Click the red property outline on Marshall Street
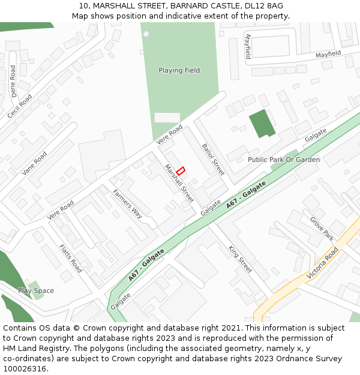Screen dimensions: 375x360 [x=181, y=170]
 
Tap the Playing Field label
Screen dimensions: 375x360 [x=179, y=70]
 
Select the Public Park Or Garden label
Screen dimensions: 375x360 [x=284, y=160]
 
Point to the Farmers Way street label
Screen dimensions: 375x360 [x=127, y=203]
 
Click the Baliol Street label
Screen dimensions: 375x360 [x=213, y=159]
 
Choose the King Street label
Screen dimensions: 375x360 [x=240, y=259]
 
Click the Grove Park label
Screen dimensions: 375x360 [x=322, y=229]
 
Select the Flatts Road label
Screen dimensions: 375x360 [x=70, y=258]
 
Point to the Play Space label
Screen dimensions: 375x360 [x=36, y=291]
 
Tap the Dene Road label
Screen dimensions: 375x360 [x=14, y=81]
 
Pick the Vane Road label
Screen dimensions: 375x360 [x=34, y=163]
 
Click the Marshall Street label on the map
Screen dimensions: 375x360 [x=179, y=184]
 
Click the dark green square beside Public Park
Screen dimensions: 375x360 [x=262, y=123]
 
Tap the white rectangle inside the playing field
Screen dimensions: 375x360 [x=167, y=118]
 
